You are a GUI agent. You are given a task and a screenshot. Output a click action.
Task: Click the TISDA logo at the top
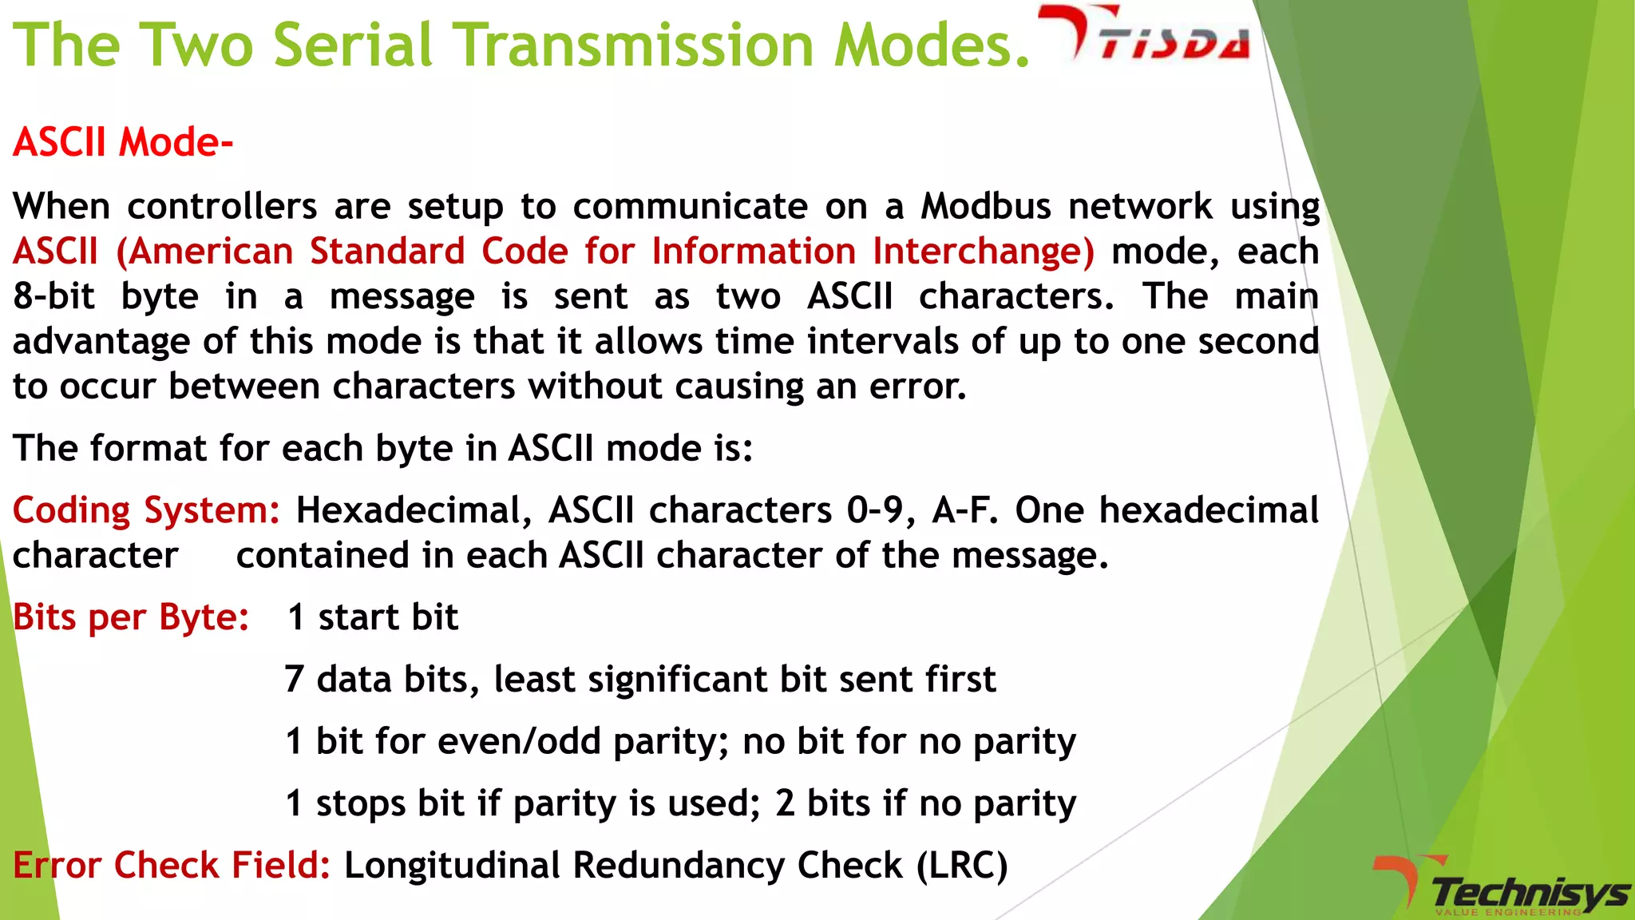(x=1146, y=36)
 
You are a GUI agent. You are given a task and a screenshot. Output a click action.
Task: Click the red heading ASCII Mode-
(x=123, y=143)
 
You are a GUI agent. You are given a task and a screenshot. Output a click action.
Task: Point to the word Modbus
(x=986, y=207)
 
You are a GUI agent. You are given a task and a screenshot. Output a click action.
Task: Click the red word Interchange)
(x=984, y=252)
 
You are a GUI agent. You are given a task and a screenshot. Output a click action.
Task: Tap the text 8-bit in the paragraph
(x=53, y=296)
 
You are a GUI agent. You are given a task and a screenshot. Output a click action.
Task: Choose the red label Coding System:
(x=146, y=510)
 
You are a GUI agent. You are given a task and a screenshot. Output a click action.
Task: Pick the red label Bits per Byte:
(x=131, y=617)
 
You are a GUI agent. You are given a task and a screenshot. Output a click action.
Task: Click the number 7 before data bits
(x=294, y=680)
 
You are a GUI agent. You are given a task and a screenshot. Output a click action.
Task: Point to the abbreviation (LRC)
(x=962, y=866)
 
